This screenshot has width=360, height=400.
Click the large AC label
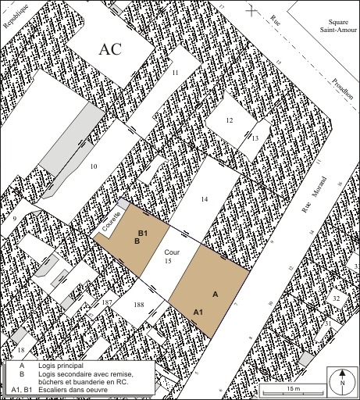tap(112, 48)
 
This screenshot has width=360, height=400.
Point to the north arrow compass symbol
tap(341, 380)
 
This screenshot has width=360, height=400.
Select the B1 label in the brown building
tap(143, 233)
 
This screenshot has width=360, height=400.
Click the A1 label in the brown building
tap(199, 312)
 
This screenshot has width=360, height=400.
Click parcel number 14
tap(204, 200)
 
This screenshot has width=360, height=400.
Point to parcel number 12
tap(229, 120)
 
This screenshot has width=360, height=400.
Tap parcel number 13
tap(255, 137)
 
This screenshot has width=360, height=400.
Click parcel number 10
tap(94, 166)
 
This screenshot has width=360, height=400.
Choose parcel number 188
tap(139, 305)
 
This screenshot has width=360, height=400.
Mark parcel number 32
tap(336, 298)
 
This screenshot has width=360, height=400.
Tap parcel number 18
tap(21, 350)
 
